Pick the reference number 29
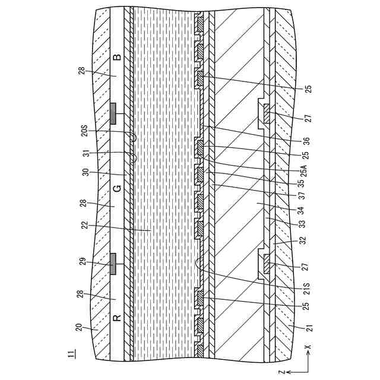pos(84,261)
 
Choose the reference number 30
pos(84,172)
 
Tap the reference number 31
pos(84,152)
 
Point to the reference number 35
pos(306,183)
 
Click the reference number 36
pos(306,141)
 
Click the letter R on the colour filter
pos(117,317)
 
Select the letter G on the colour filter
pos(117,189)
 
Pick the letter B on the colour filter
pos(117,58)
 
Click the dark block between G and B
pos(113,113)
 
